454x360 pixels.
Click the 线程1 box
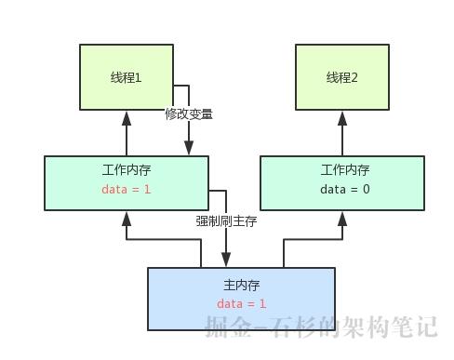(x=127, y=76)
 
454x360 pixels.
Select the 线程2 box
(x=341, y=76)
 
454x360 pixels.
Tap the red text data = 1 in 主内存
(x=242, y=303)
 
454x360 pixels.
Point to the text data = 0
(x=345, y=189)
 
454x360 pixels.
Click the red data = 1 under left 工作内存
(x=127, y=189)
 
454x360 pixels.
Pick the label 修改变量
(x=189, y=114)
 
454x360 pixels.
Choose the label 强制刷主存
(x=226, y=221)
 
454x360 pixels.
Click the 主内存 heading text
(x=242, y=284)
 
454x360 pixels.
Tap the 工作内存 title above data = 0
(x=345, y=170)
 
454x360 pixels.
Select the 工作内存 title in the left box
(x=127, y=170)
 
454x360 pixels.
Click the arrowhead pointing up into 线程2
(x=342, y=117)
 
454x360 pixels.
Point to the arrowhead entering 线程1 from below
(x=127, y=117)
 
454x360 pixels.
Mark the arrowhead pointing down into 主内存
(x=226, y=260)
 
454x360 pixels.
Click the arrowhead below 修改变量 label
(x=189, y=149)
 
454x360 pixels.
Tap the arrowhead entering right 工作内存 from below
(x=342, y=218)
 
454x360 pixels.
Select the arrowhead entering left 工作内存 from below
(x=127, y=218)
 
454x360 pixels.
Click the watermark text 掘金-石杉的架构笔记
(x=321, y=326)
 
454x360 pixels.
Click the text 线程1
(x=127, y=78)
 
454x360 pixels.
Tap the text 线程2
(x=341, y=78)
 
